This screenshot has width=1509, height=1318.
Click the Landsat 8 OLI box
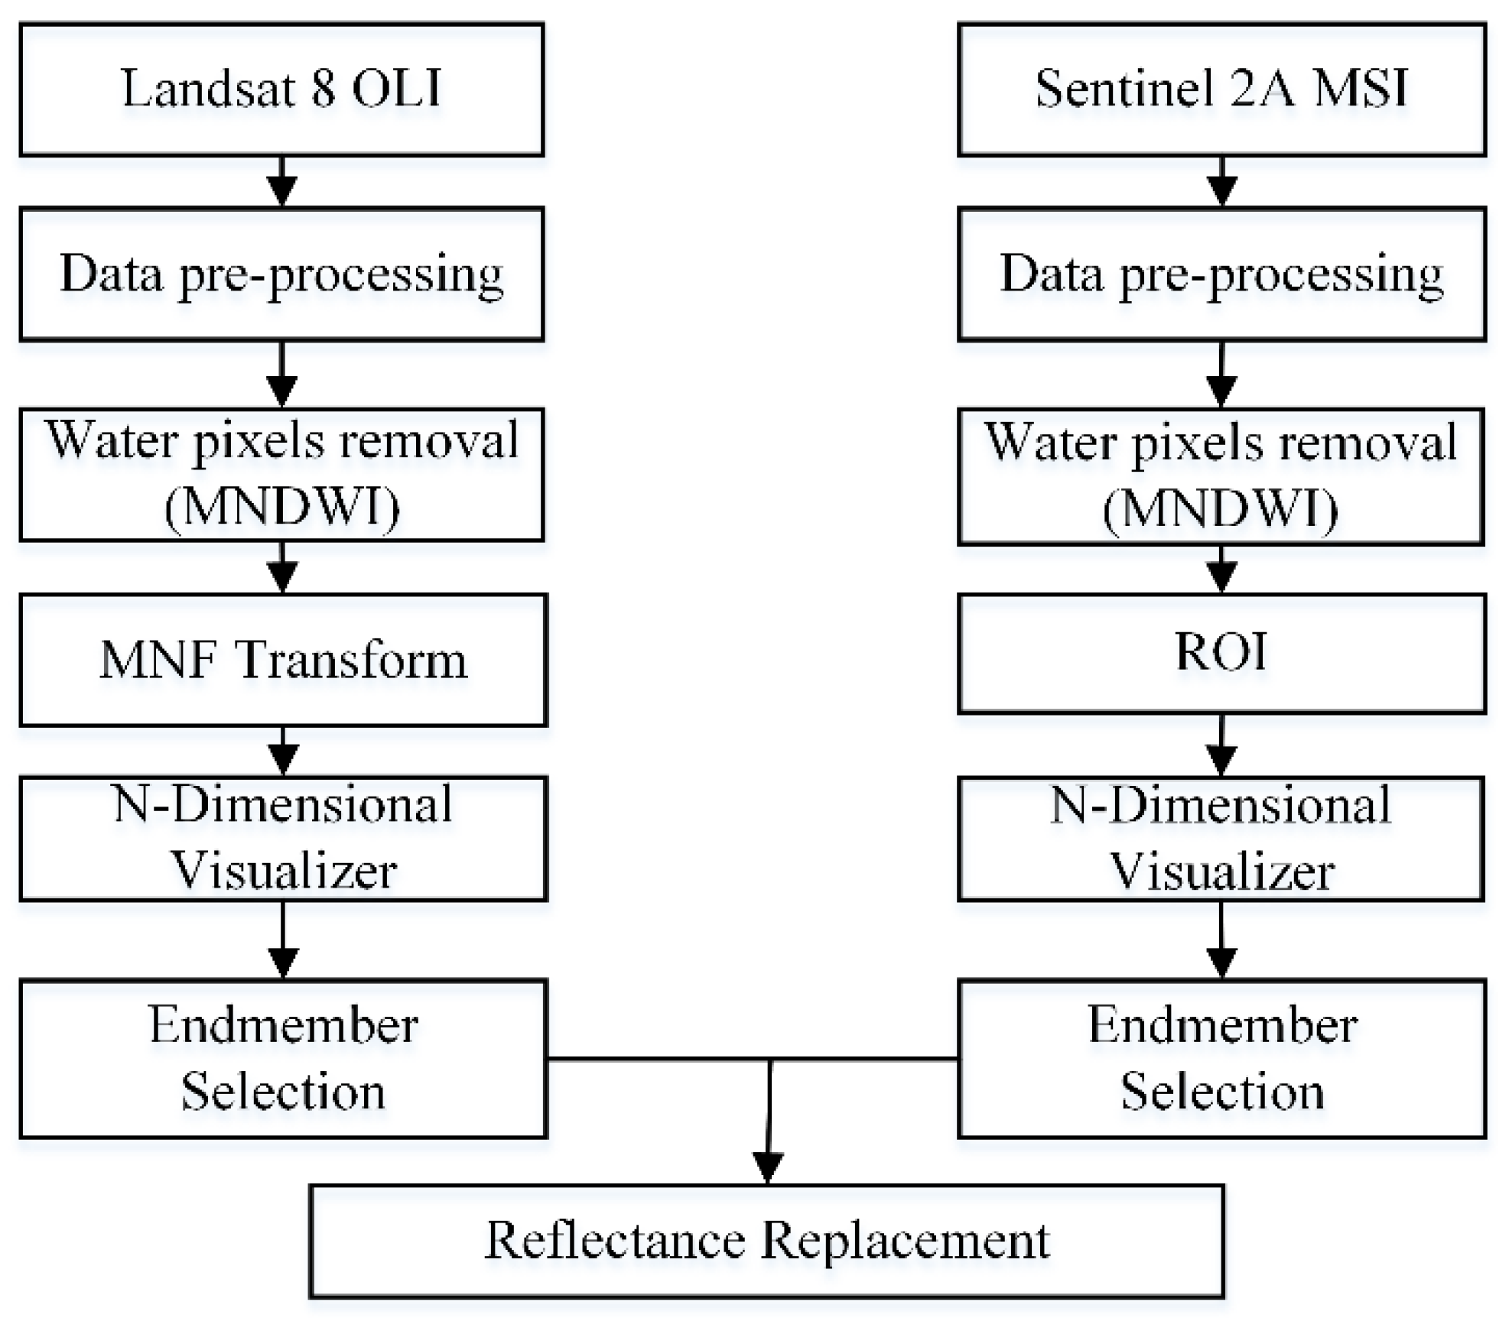point(281,89)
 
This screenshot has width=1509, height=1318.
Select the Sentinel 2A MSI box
point(1221,89)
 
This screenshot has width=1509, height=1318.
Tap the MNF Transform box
point(283,660)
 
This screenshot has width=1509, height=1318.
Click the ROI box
point(1221,654)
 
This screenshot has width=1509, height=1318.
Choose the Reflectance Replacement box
point(766,1241)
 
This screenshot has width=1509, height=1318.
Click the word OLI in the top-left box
point(396,89)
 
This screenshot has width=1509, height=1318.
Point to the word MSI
point(1361,89)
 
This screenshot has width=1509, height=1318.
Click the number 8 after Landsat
point(323,89)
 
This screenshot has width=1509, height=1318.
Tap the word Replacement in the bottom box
point(906,1241)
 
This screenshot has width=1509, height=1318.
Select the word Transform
point(351,660)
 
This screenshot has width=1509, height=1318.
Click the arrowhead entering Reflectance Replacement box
point(767,1167)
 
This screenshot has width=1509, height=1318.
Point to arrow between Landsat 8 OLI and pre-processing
point(282,183)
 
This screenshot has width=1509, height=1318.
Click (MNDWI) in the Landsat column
point(282,507)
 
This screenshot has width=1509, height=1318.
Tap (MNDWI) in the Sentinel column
point(1221,509)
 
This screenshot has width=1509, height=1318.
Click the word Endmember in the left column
point(283,1025)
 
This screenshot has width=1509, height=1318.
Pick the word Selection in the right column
point(1222,1092)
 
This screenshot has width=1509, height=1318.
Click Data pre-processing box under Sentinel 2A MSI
point(1221,274)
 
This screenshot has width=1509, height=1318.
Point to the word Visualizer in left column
point(283,871)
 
